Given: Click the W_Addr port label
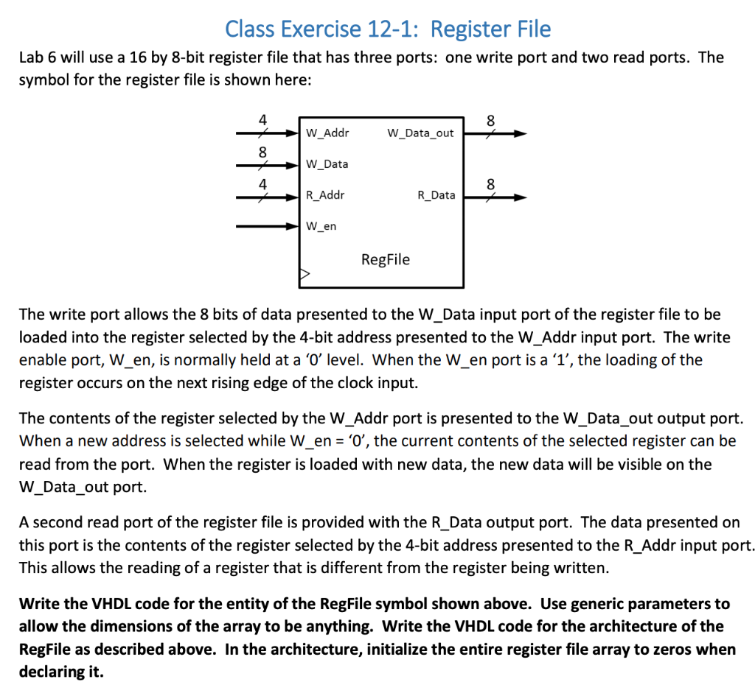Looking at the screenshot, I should pyautogui.click(x=327, y=133).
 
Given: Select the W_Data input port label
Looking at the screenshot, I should pyautogui.click(x=327, y=164).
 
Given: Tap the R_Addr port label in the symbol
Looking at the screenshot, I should pyautogui.click(x=325, y=195).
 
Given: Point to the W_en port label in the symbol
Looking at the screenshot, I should pyautogui.click(x=321, y=226).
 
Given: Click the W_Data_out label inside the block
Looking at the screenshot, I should pyautogui.click(x=420, y=133).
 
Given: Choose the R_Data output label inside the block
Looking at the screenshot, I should pyautogui.click(x=436, y=195).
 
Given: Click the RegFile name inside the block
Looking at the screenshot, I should pyautogui.click(x=385, y=260).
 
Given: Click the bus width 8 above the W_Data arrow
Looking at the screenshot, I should pyautogui.click(x=262, y=152).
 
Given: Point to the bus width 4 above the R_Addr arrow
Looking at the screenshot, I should pyautogui.click(x=262, y=184).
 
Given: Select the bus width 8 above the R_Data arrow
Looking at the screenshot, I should pyautogui.click(x=491, y=183).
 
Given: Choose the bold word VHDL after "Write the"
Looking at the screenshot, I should pyautogui.click(x=111, y=604).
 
